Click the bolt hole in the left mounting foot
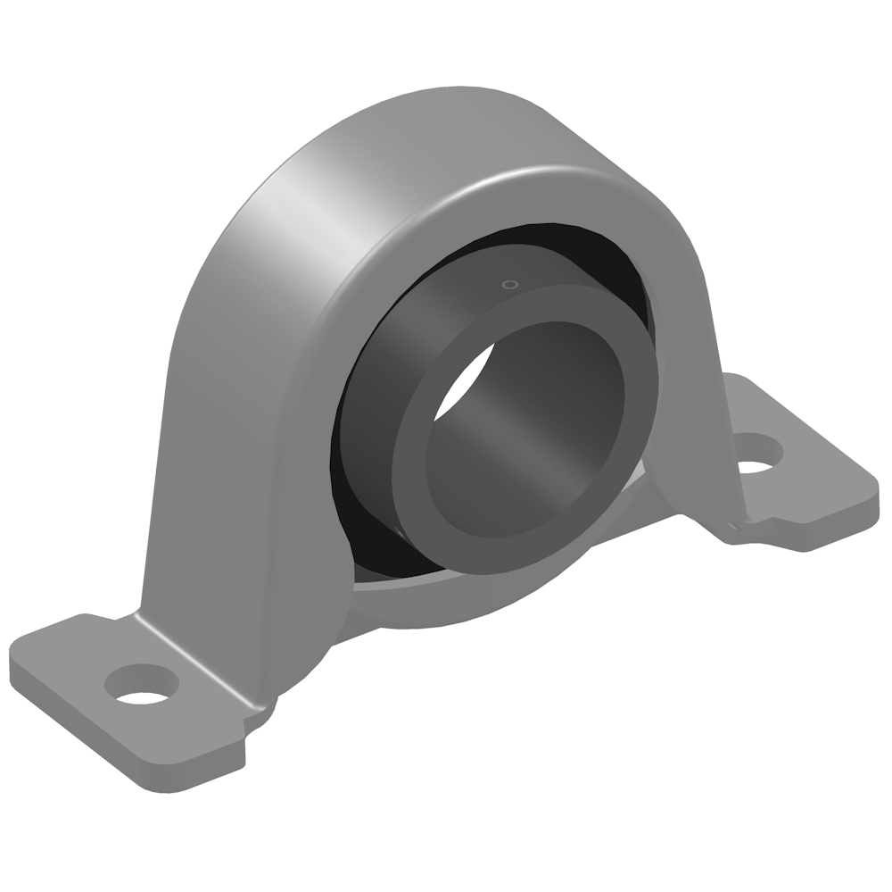[x=142, y=685]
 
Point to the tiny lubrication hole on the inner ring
[x=509, y=285]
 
